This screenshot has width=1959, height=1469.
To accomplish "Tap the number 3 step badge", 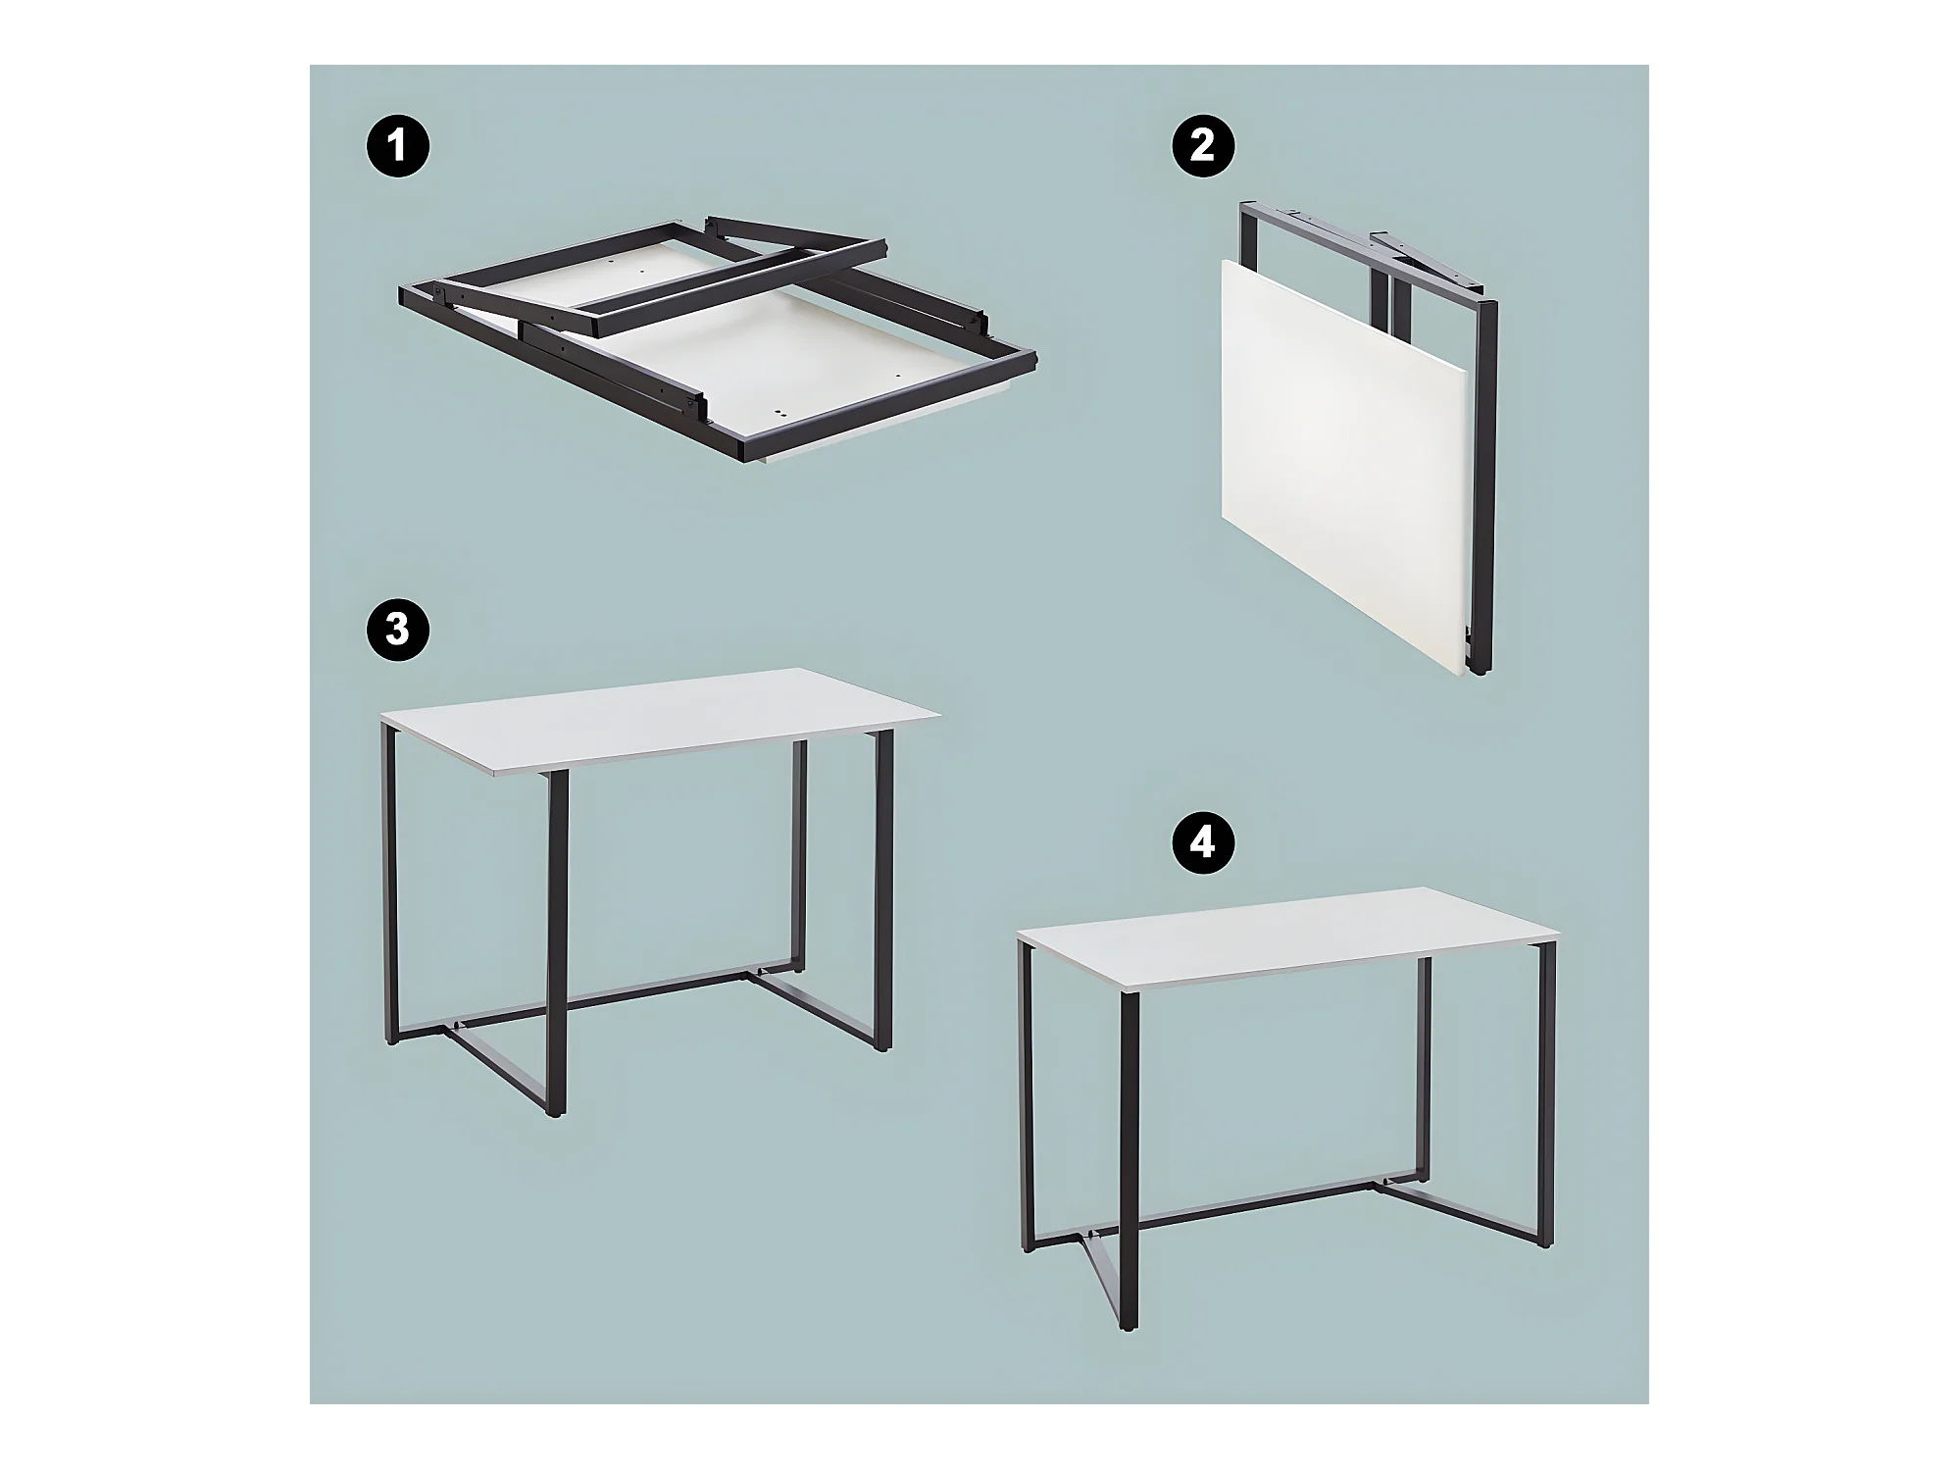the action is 396,630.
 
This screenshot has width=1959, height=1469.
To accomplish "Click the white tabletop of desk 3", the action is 659,721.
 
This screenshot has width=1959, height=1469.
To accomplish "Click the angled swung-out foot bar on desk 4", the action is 1103,1265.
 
